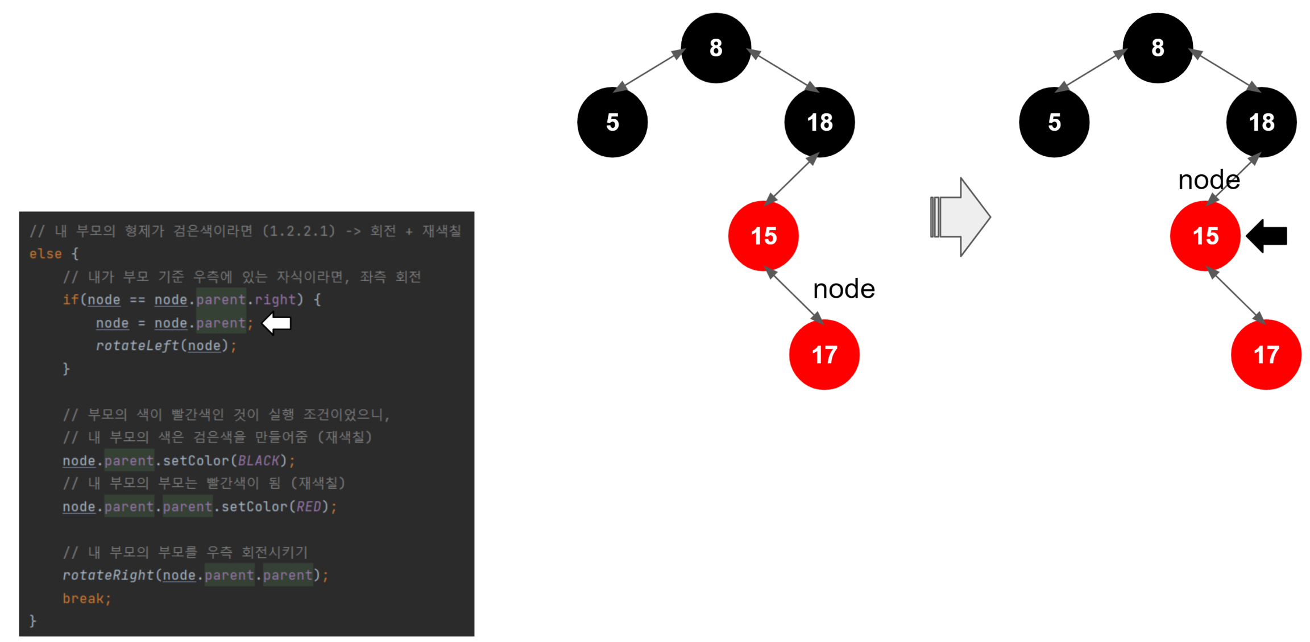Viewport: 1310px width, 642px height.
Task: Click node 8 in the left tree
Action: (x=715, y=48)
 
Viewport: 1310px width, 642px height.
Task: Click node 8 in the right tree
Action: (x=1157, y=48)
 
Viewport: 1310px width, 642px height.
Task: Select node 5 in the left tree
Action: (x=612, y=122)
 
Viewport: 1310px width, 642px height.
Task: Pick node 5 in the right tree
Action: (x=1054, y=122)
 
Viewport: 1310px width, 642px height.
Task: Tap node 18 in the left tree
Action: (x=819, y=122)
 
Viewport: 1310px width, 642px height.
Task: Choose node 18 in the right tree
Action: (x=1261, y=122)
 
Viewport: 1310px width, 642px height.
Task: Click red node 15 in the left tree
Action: (x=763, y=236)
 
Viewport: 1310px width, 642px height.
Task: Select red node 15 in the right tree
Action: (x=1205, y=236)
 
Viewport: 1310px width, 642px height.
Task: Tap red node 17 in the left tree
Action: (x=824, y=355)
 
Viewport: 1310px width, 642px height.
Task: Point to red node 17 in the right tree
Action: (x=1266, y=355)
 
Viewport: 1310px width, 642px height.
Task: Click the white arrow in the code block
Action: (x=277, y=323)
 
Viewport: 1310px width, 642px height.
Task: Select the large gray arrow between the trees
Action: (x=961, y=217)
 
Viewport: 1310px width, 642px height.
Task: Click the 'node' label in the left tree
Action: (x=844, y=289)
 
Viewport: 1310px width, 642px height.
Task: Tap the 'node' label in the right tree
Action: (x=1209, y=180)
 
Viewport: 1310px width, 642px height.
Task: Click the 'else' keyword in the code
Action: (x=45, y=254)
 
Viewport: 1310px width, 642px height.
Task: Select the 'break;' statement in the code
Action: (x=86, y=598)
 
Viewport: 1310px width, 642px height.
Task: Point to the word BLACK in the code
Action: (x=259, y=461)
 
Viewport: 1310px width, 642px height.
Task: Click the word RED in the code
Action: (x=309, y=507)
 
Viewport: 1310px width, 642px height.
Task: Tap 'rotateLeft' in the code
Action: (x=137, y=346)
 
